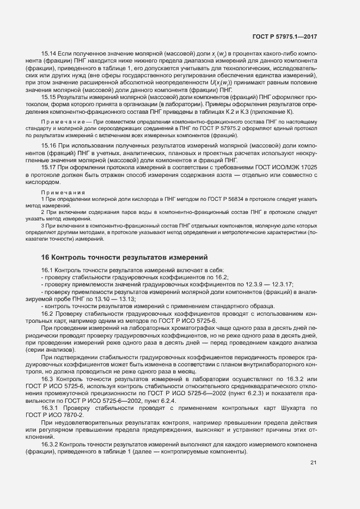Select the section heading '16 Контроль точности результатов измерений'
[125, 257]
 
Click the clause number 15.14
[49, 52]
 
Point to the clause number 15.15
[49, 96]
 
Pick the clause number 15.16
[49, 147]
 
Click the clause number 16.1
[47, 271]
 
